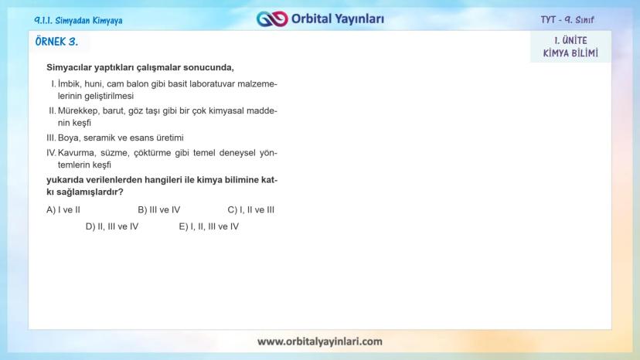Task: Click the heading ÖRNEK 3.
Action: tap(57, 42)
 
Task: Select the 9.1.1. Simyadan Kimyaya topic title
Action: tap(79, 20)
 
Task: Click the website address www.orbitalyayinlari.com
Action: tap(319, 341)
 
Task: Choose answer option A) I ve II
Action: tap(63, 209)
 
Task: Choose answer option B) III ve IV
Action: tap(158, 209)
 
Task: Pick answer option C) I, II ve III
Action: tap(250, 209)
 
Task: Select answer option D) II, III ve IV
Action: tap(111, 226)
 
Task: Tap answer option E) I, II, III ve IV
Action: tap(209, 226)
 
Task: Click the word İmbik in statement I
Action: tap(70, 83)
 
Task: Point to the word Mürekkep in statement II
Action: tap(77, 110)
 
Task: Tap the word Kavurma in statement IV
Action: tap(76, 152)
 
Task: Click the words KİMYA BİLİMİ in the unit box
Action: tap(570, 53)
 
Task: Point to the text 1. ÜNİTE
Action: tap(570, 40)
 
